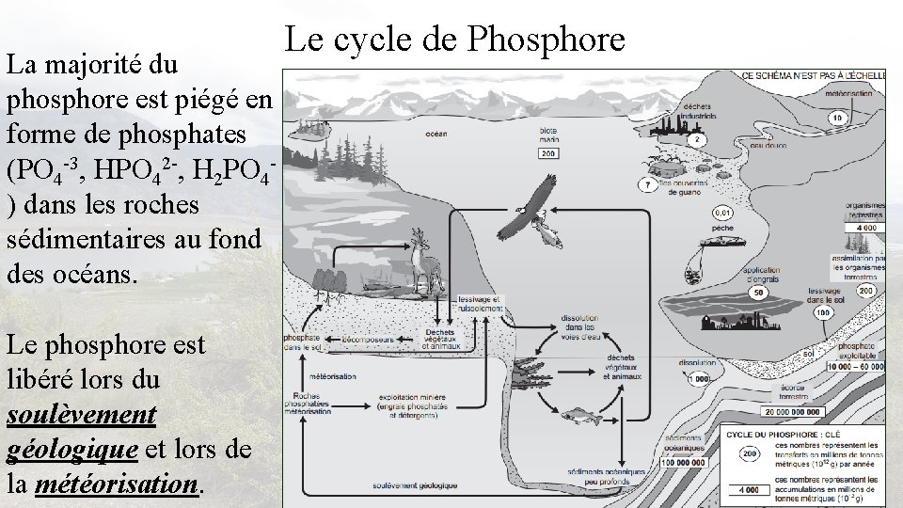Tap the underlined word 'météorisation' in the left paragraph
click(117, 484)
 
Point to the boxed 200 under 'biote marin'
click(548, 153)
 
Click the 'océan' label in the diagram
click(436, 134)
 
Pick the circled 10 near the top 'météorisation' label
click(836, 118)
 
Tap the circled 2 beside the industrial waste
click(698, 140)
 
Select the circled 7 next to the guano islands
click(647, 185)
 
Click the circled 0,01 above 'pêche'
click(724, 213)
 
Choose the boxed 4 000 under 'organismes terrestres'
click(866, 227)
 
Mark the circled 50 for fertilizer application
click(756, 294)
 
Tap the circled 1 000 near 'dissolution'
click(697, 378)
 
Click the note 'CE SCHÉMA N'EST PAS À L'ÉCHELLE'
click(813, 75)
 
